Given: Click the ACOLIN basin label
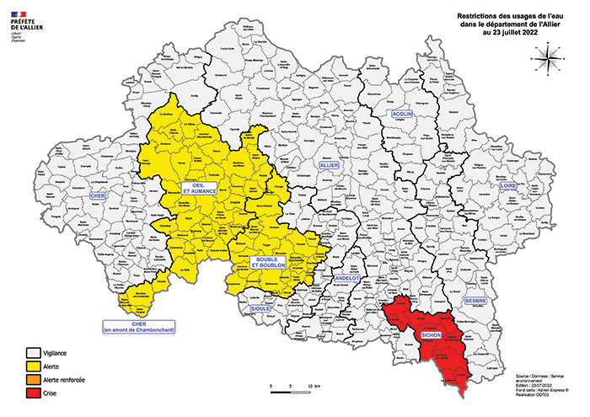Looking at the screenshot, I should point(400,113).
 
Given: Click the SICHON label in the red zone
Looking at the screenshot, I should point(427,335).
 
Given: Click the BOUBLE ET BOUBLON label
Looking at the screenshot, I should point(270,262).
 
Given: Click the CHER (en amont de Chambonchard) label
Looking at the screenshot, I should point(139,327).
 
